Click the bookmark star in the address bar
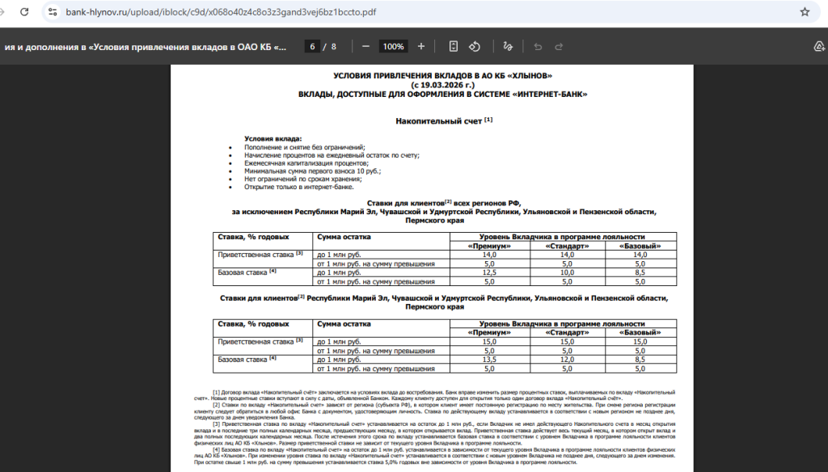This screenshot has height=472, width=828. pos(805,12)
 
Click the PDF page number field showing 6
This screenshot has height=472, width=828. pos(312,47)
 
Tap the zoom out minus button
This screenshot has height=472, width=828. pos(365,47)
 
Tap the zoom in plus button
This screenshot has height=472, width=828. pos(420,47)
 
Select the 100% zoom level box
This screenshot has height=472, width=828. pos(393,47)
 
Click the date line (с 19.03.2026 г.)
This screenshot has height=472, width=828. pos(442,84)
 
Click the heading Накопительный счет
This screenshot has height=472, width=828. pos(439,121)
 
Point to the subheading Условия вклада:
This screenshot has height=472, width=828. pos(272,139)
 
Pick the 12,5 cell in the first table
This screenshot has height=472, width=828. pos(488,272)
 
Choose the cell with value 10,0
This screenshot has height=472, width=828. pos(567,272)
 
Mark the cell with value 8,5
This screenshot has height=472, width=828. pos(640,272)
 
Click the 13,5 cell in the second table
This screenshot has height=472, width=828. pos(488,360)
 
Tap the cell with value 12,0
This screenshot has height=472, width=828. pos(567,360)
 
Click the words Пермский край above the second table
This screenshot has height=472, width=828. pos(434,307)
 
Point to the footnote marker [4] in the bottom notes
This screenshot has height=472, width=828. pos(217,449)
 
